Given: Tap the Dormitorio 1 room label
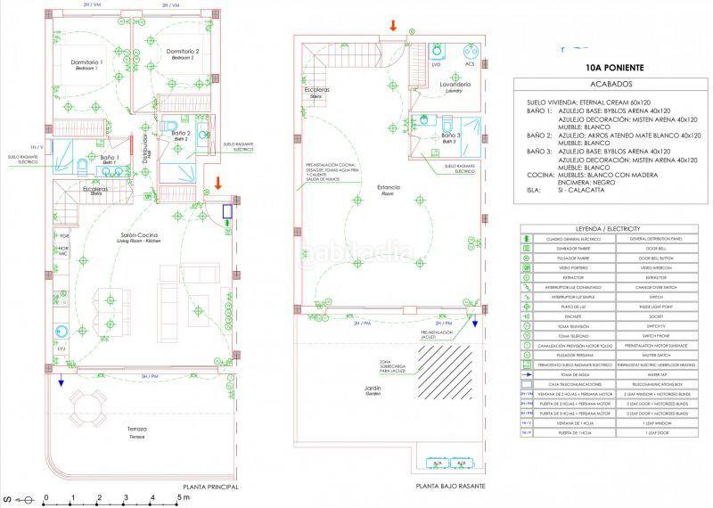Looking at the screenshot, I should tap(87, 63).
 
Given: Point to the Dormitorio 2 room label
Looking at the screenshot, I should tap(182, 53).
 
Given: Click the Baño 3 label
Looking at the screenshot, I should tap(450, 136).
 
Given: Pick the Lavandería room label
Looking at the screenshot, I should tap(455, 85).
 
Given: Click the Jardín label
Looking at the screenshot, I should tap(373, 390).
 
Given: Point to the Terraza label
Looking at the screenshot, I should tap(136, 430).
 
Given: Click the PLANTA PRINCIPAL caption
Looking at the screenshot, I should tap(210, 488).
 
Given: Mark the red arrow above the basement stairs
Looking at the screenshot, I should tap(393, 25).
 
